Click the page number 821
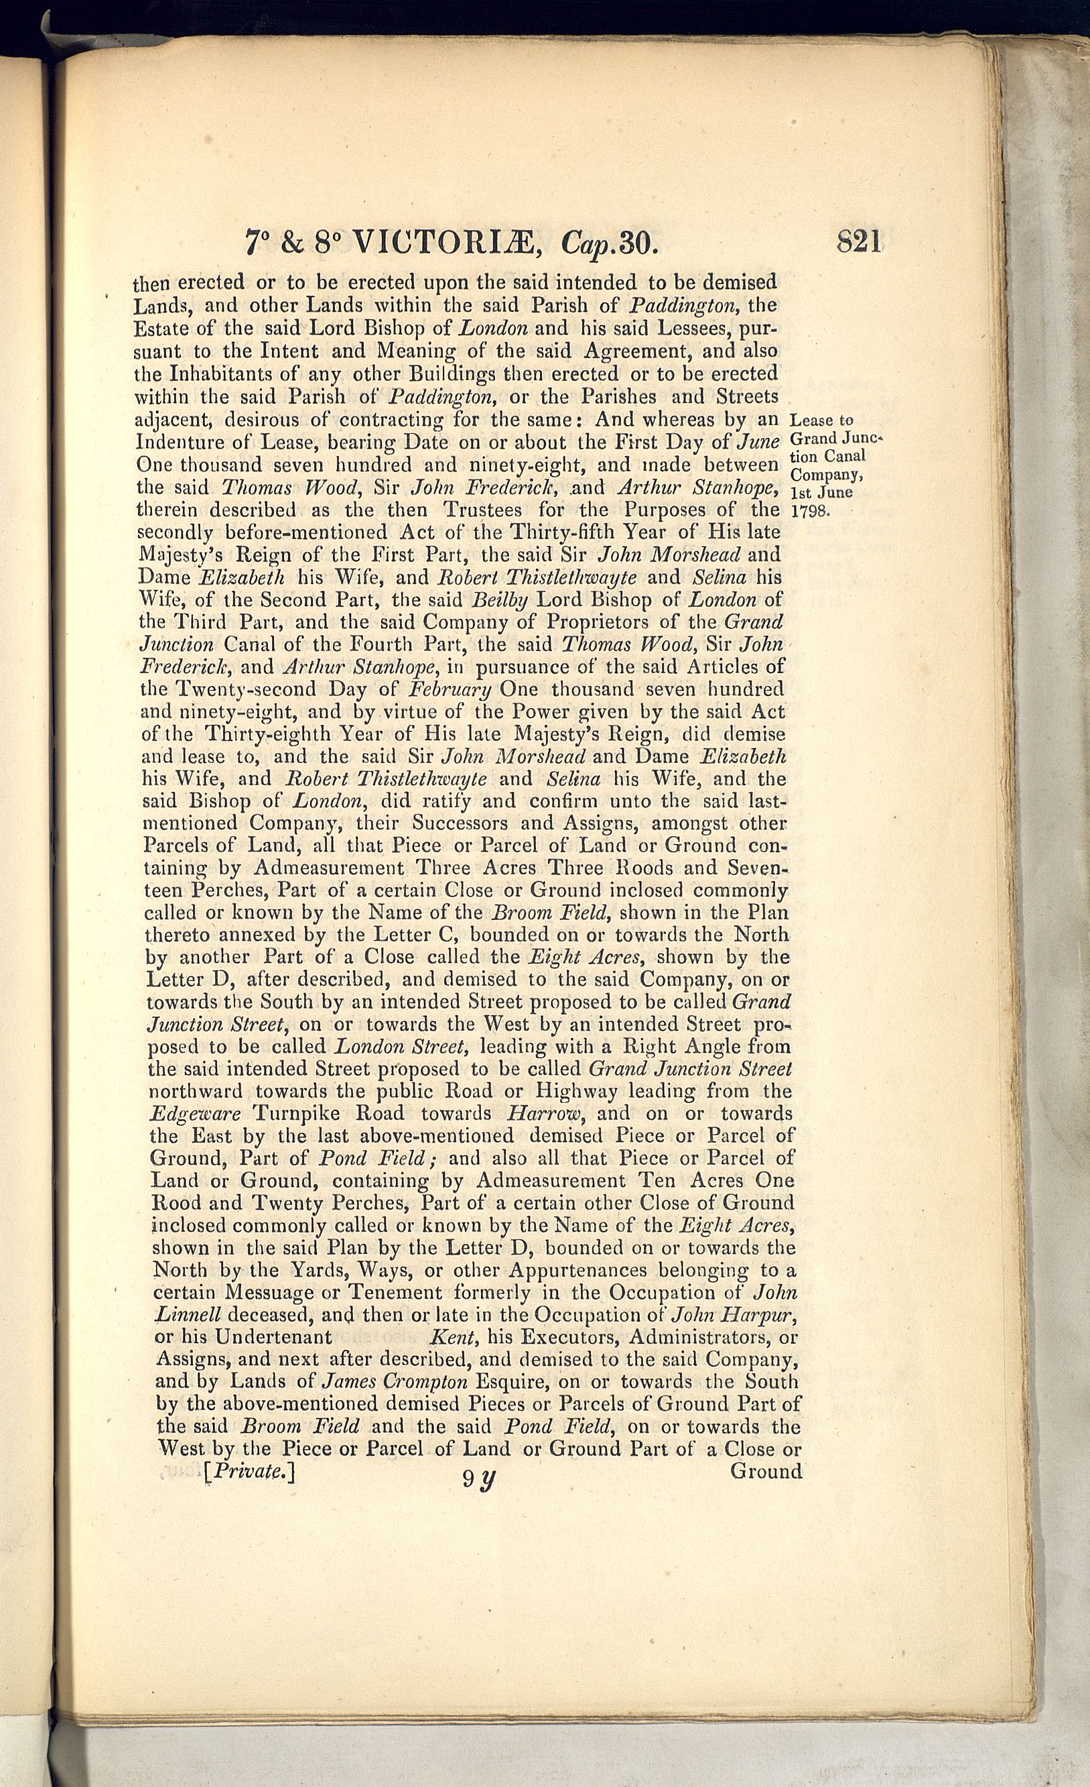859,241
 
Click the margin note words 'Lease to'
821,420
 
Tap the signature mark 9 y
478,1477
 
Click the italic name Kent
453,1336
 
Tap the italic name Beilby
499,599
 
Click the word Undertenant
274,1336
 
